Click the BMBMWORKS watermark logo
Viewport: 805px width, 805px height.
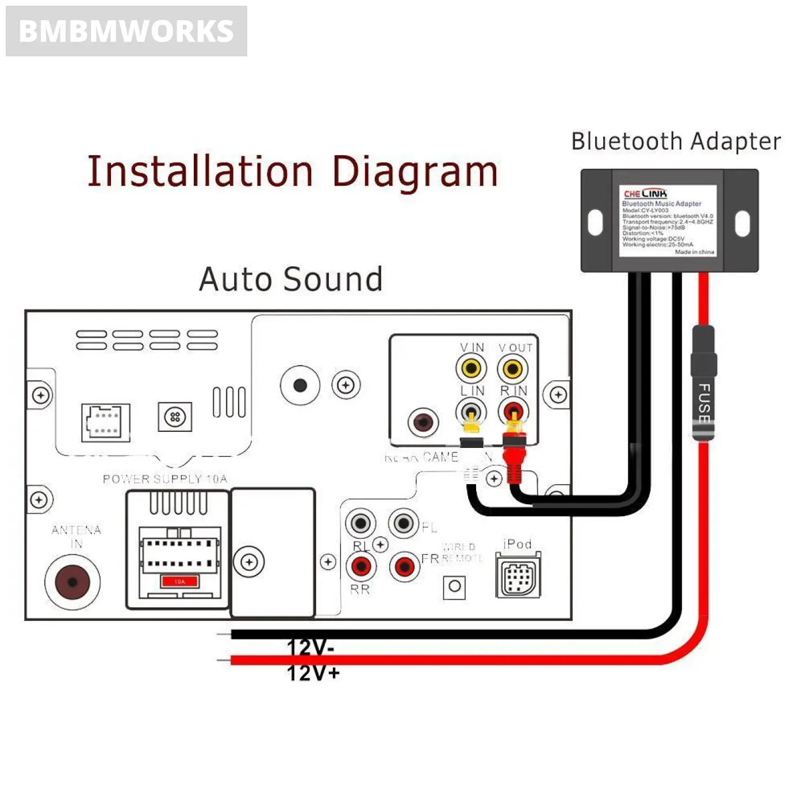pos(126,31)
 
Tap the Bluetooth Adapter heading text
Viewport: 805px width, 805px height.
pos(676,141)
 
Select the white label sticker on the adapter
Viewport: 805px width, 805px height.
pos(668,221)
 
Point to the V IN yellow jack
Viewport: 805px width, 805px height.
pos(471,368)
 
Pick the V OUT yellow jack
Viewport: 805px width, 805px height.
pos(512,368)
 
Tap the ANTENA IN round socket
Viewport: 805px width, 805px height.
pos(72,582)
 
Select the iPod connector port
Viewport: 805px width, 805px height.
pos(519,576)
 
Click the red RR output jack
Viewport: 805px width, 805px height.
pos(361,566)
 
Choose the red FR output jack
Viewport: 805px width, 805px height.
pos(404,567)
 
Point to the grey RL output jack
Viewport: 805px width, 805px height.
pos(361,523)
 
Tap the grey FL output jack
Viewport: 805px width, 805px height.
pos(404,523)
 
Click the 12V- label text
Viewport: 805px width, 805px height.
pos(310,647)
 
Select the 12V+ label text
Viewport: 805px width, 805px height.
pos(313,673)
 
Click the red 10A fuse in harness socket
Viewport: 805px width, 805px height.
pos(180,581)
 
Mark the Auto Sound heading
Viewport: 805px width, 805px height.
pos(291,279)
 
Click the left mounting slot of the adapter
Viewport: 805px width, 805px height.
pos(596,223)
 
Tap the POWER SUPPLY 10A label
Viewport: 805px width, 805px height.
pos(165,479)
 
